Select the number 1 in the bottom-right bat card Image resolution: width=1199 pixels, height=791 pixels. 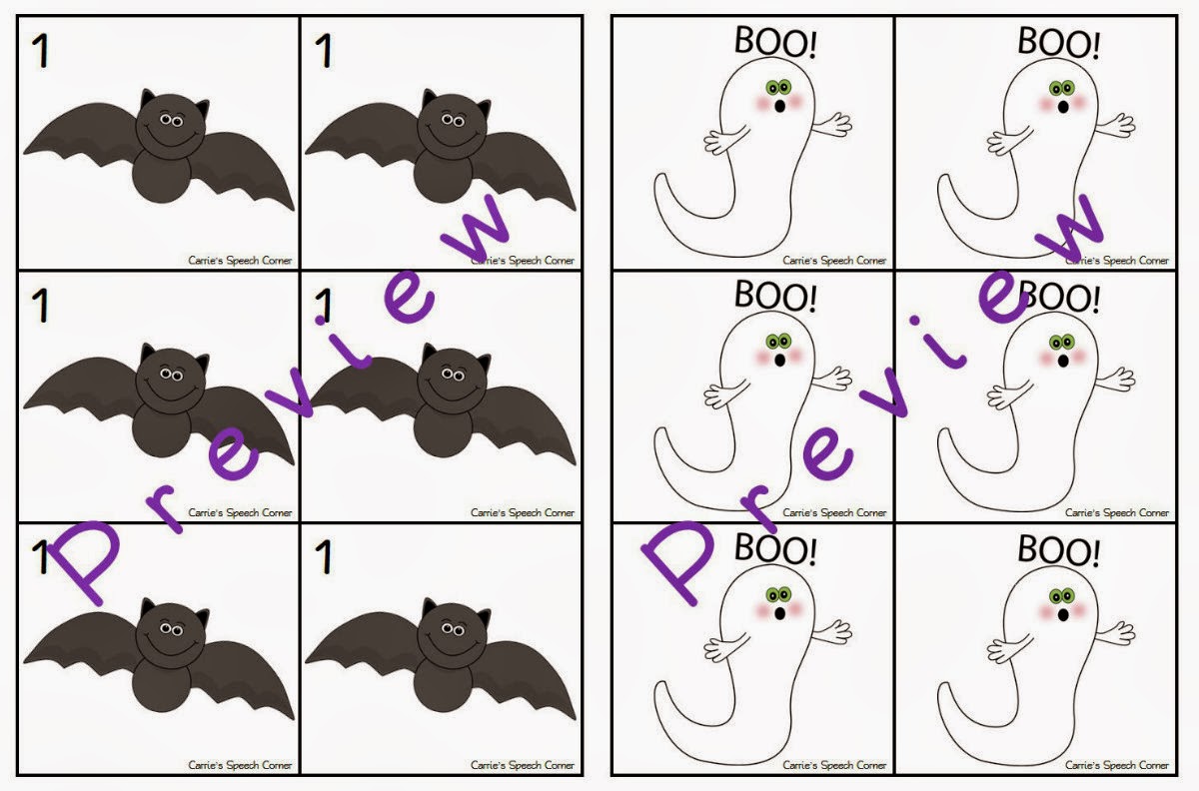tap(323, 557)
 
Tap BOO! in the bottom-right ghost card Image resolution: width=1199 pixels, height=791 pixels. tap(1058, 549)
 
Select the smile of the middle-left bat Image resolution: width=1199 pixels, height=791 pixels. tap(166, 386)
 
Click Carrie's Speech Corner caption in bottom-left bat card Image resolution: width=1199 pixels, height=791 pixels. tap(240, 765)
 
